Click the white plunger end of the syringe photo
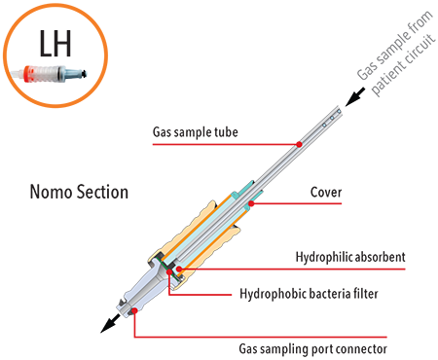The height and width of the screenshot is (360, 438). click(18, 75)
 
